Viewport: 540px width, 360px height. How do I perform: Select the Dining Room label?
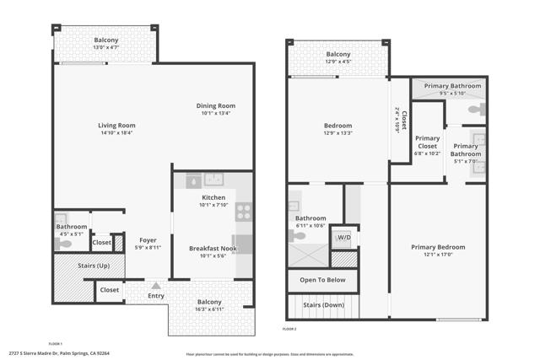[x=213, y=105]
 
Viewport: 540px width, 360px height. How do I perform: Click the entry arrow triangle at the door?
[x=156, y=286]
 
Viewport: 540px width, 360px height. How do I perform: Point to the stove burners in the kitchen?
[x=242, y=212]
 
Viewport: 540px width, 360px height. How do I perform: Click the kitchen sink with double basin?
[x=213, y=179]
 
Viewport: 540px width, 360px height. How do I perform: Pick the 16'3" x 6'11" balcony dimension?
[x=209, y=310]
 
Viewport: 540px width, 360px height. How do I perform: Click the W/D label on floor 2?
[x=344, y=238]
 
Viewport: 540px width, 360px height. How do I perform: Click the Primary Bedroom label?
[x=438, y=247]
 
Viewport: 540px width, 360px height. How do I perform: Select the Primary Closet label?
[x=427, y=142]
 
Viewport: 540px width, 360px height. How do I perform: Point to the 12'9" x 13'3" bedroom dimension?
[x=337, y=133]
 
